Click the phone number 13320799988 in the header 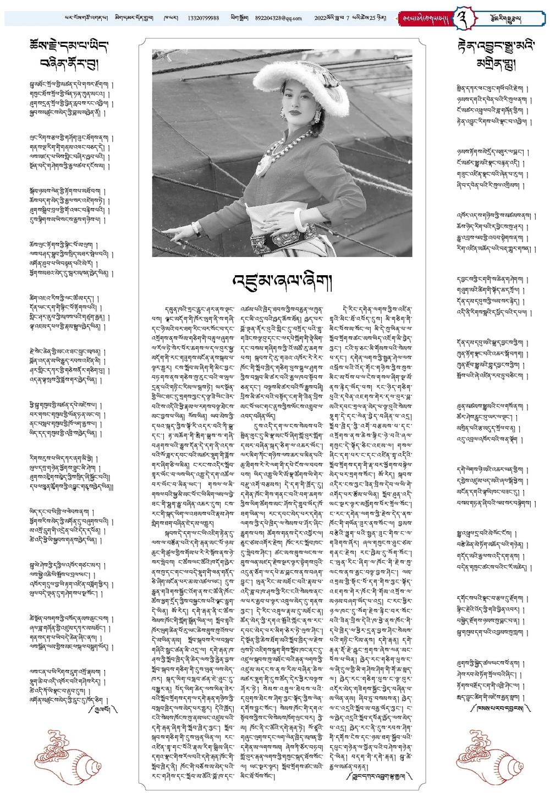tap(201, 18)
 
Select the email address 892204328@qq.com tap(278, 18)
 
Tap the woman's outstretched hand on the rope tap(177, 234)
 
